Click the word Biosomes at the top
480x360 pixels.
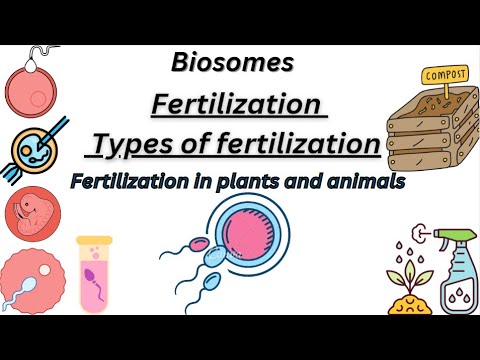click(x=232, y=62)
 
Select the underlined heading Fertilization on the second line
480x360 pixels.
click(x=236, y=104)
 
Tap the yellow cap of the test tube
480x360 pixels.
click(x=96, y=241)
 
